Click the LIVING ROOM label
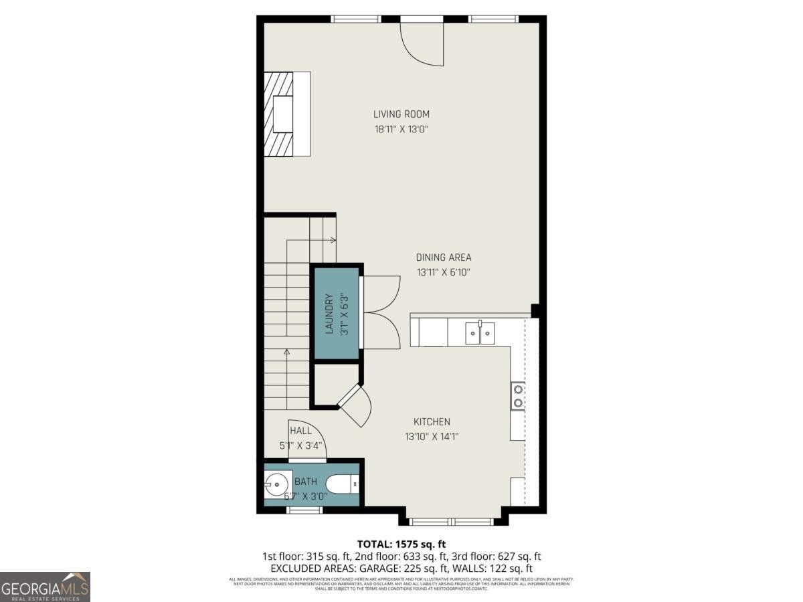401,114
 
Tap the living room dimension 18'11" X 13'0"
401,129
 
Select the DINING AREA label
444,258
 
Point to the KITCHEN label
432,422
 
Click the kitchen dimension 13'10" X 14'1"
432,437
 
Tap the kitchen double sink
480,332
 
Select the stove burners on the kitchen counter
517,395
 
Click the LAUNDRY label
329,314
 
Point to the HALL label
300,431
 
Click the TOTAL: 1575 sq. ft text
401,544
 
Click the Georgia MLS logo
45,587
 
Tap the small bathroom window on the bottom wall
304,510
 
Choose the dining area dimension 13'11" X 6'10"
444,272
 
